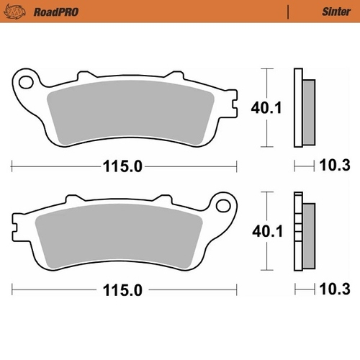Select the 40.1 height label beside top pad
pyautogui.click(x=266, y=108)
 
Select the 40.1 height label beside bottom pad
pyautogui.click(x=266, y=232)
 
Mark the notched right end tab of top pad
pyautogui.click(x=231, y=108)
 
